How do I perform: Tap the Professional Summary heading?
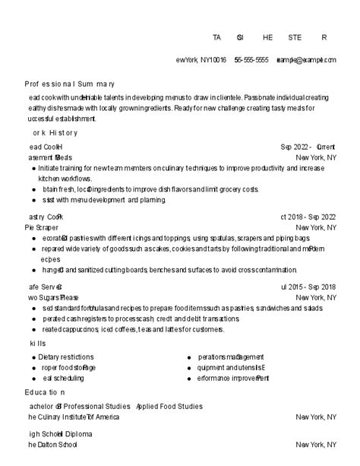pyautogui.click(x=70, y=84)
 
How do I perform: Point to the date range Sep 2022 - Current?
pyautogui.click(x=308, y=147)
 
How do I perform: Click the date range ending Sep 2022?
pyautogui.click(x=308, y=217)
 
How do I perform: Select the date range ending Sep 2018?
pyautogui.click(x=308, y=287)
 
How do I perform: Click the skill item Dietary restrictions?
pyautogui.click(x=66, y=357)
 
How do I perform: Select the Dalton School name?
pyautogui.click(x=53, y=445)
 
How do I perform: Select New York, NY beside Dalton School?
pyautogui.click(x=316, y=445)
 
